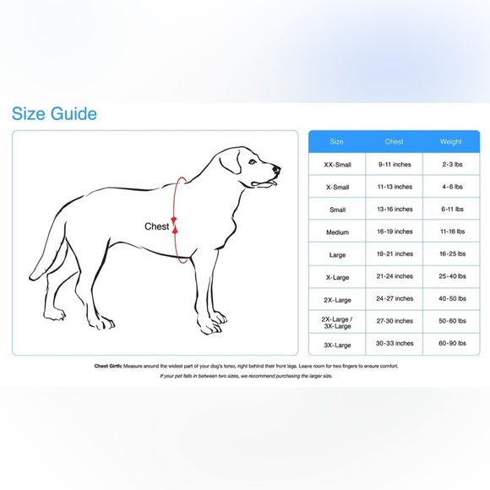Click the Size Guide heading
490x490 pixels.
pyautogui.click(x=54, y=114)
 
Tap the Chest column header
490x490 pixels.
pyautogui.click(x=394, y=142)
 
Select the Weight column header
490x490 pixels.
pyautogui.click(x=451, y=142)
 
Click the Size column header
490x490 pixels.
pyautogui.click(x=336, y=142)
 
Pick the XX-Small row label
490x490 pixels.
pyautogui.click(x=336, y=164)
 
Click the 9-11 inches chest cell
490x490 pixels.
pyautogui.click(x=394, y=164)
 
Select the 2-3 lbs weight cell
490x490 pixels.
pyautogui.click(x=451, y=164)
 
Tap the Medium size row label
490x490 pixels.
pyautogui.click(x=336, y=231)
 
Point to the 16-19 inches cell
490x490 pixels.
pyautogui.click(x=394, y=231)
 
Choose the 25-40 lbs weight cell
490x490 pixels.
pyautogui.click(x=451, y=276)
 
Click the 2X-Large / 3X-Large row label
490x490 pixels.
pyautogui.click(x=336, y=321)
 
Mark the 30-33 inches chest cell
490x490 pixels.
pyautogui.click(x=394, y=344)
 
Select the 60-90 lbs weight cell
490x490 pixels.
pyautogui.click(x=451, y=344)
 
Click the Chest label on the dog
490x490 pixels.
pyautogui.click(x=157, y=226)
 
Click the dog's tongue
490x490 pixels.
pyautogui.click(x=273, y=181)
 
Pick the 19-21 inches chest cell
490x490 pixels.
pyautogui.click(x=394, y=253)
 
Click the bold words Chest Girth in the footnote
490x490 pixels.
pyautogui.click(x=109, y=367)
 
